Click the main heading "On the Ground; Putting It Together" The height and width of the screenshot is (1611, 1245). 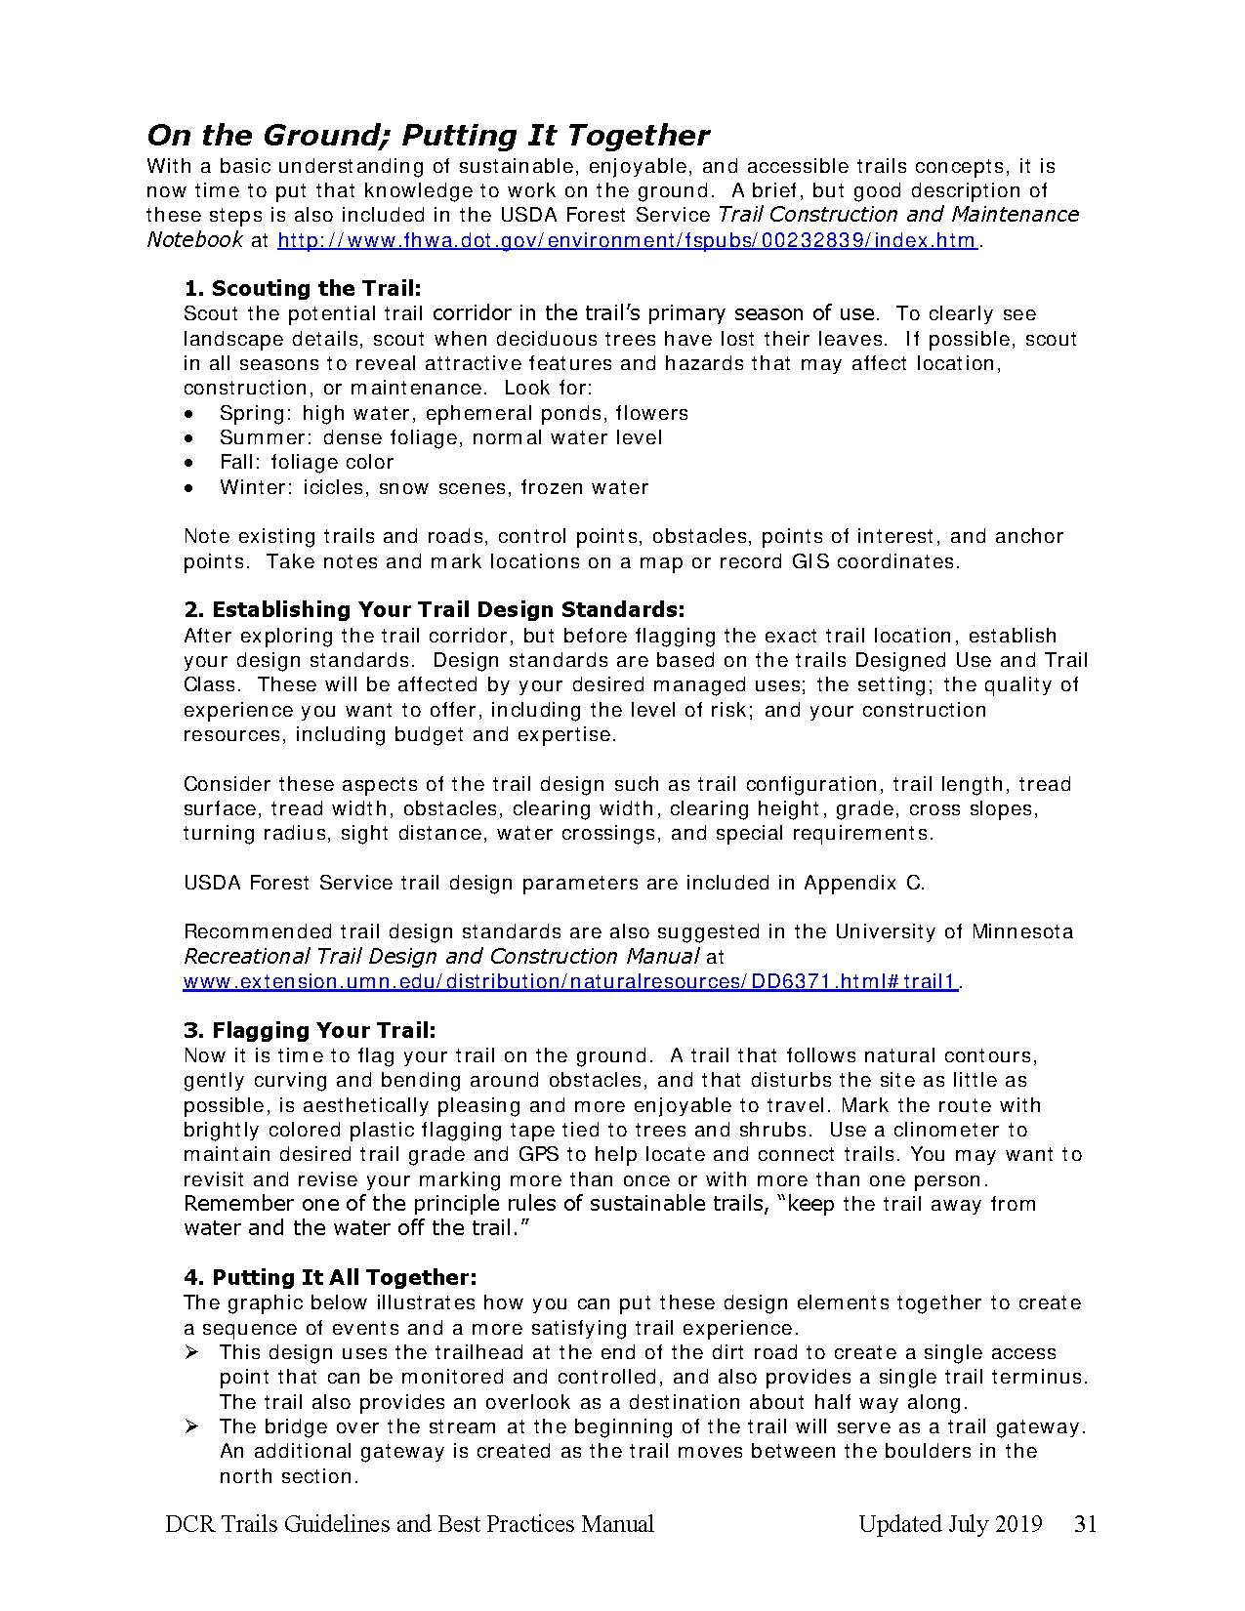(428, 135)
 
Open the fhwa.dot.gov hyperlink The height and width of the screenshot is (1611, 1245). (627, 240)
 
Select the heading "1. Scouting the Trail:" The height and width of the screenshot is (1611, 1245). (303, 288)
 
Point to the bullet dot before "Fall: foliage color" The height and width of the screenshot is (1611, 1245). (189, 463)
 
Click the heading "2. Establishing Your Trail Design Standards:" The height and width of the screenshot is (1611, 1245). (435, 609)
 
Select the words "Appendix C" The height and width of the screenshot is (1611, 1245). (862, 883)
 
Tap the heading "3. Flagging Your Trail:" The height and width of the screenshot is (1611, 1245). (310, 1030)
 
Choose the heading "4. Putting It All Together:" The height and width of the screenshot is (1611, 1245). (330, 1277)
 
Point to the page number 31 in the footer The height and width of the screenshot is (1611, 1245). (1085, 1524)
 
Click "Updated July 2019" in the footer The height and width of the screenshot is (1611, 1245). (950, 1524)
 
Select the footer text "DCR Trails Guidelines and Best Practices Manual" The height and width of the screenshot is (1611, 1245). (410, 1524)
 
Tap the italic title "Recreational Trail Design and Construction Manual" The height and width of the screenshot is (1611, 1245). (441, 956)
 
